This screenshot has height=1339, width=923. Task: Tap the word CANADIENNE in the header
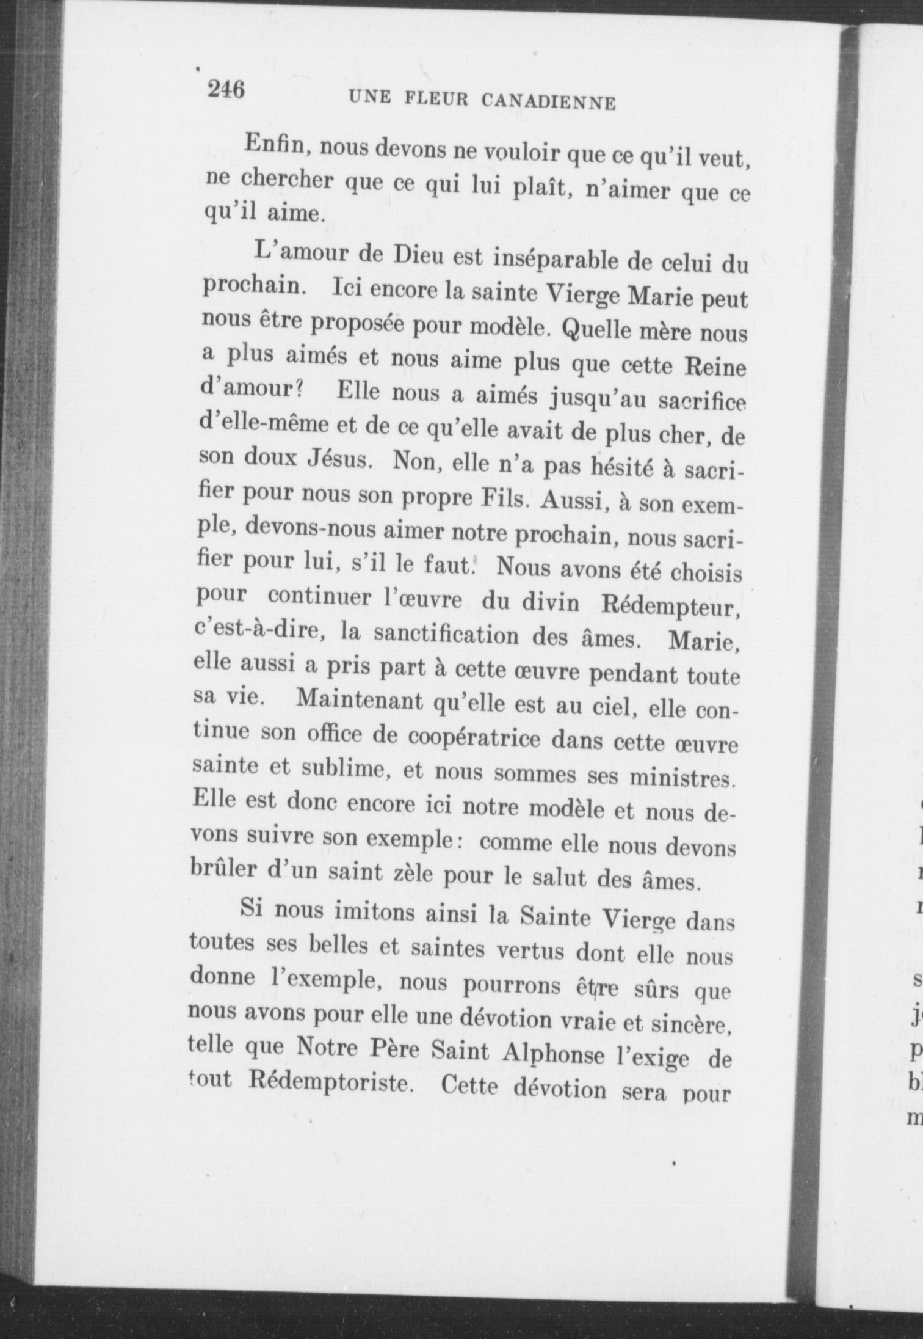click(548, 103)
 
